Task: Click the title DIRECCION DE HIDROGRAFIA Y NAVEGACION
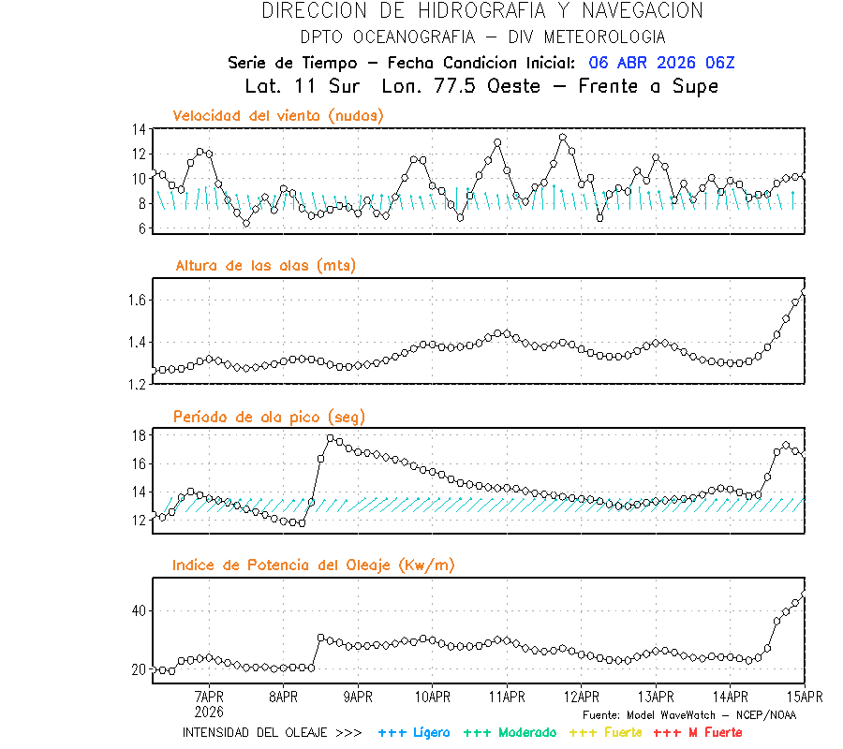tap(482, 11)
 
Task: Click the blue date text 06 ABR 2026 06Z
tap(661, 63)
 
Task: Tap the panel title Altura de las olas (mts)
tap(266, 266)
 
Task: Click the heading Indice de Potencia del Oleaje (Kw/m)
tap(314, 565)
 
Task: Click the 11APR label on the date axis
tap(507, 697)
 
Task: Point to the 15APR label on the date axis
tap(805, 697)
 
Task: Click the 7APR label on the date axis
tap(208, 697)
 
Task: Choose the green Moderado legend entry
tap(510, 732)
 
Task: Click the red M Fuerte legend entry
tap(699, 732)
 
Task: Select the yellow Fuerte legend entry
tap(605, 732)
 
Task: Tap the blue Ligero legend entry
tap(415, 732)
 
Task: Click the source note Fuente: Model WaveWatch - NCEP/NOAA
tap(688, 714)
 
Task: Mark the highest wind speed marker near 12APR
tap(563, 138)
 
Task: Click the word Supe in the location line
tap(695, 86)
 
